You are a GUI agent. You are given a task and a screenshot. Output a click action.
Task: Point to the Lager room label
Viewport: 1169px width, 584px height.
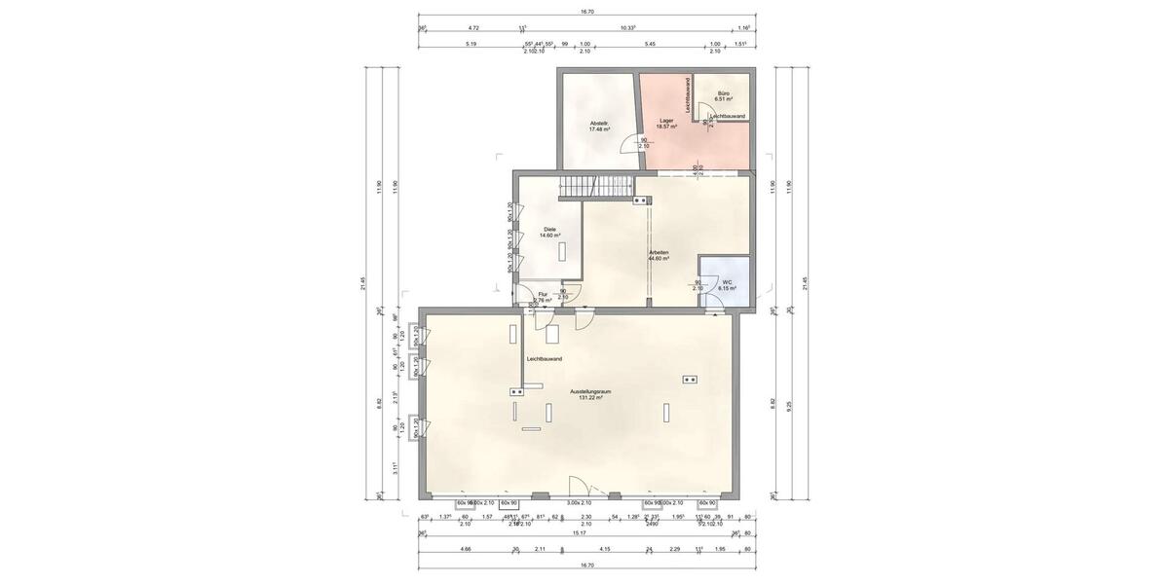[666, 124]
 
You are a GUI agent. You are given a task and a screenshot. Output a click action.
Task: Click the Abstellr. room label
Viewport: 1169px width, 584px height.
[599, 126]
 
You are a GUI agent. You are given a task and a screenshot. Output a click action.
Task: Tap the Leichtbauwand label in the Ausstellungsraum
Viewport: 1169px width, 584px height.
[544, 359]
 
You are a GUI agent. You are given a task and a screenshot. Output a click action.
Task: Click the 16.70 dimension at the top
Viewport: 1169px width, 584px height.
[586, 12]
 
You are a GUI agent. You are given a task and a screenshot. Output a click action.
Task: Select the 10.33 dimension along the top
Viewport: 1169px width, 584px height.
[627, 28]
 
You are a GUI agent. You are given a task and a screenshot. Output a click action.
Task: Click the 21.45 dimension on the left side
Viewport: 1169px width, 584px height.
[363, 283]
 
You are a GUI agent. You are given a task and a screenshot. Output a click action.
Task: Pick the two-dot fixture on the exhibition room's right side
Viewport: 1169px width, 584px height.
[690, 379]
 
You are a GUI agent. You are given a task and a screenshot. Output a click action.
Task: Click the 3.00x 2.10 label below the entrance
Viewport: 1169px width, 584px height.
[579, 503]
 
